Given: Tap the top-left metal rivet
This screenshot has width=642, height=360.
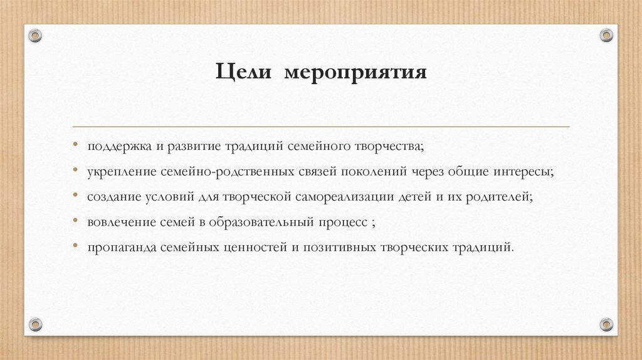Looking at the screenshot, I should (36, 36).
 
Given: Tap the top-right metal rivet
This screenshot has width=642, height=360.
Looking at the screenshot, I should (606, 35).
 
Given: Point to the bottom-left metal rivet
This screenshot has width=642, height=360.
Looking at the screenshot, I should (36, 324).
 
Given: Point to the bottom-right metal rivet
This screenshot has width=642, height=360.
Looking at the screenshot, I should (606, 324).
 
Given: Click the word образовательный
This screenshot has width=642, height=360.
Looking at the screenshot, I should (261, 221).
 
